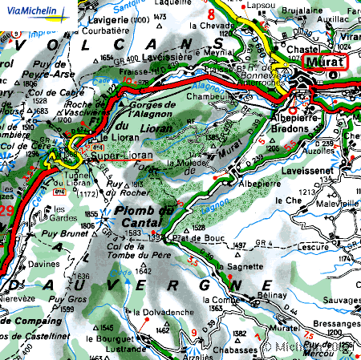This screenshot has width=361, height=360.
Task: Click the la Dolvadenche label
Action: coord(161,311)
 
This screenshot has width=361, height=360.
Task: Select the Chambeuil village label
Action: coord(205,97)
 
